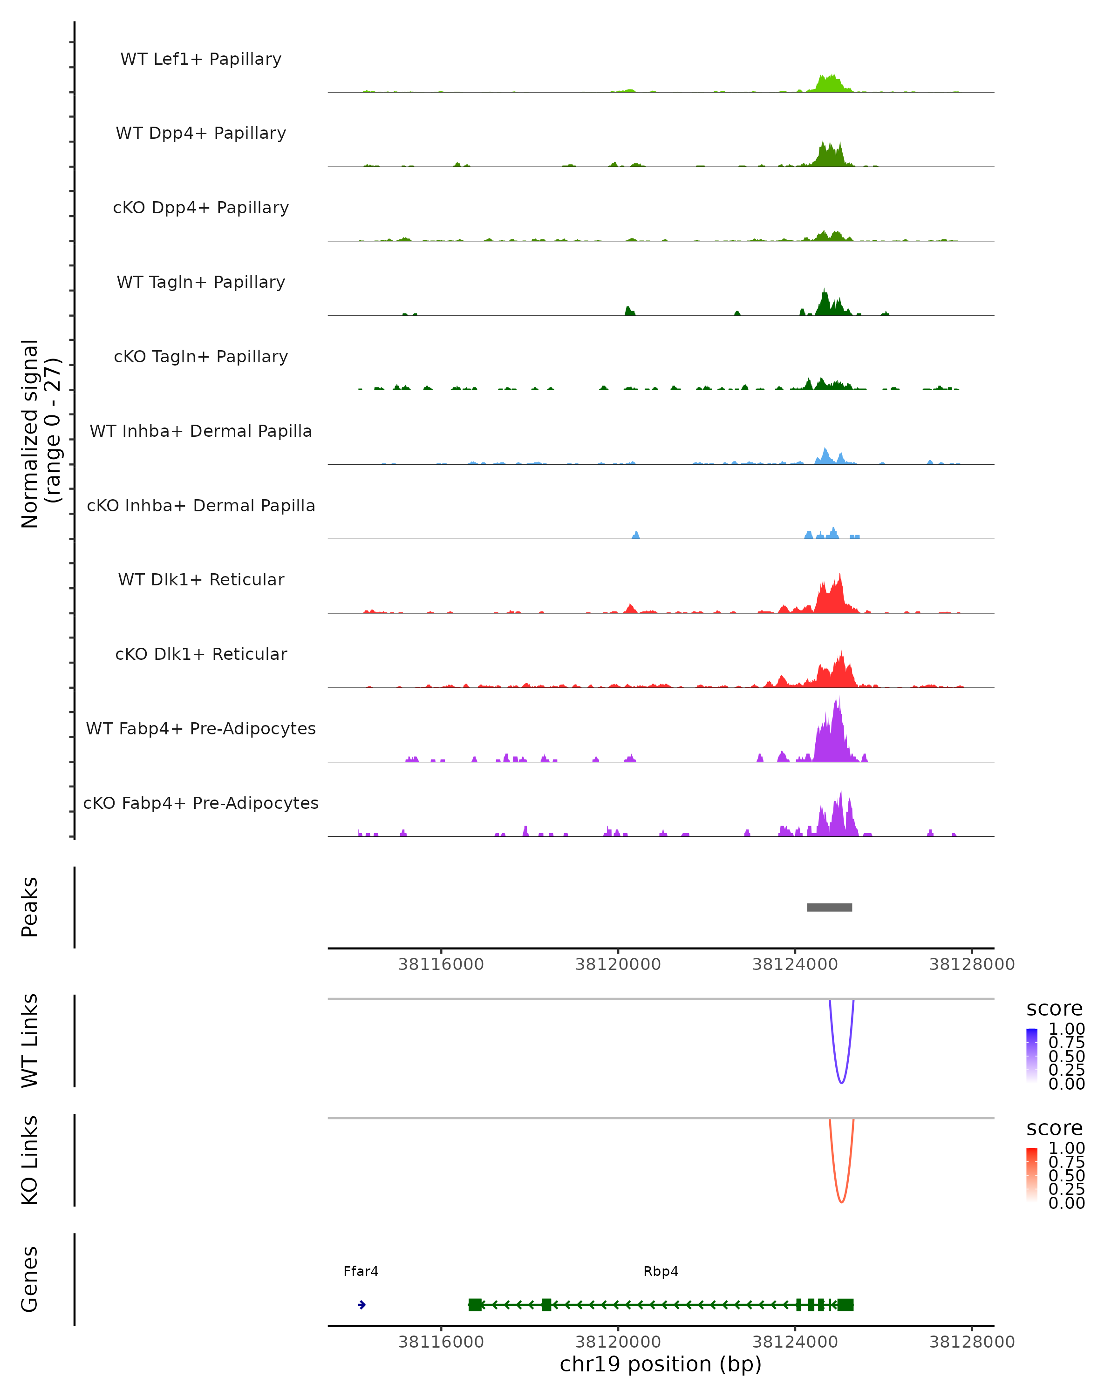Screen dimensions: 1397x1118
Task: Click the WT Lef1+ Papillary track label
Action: [x=201, y=59]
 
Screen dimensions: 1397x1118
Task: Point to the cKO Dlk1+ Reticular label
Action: [x=201, y=654]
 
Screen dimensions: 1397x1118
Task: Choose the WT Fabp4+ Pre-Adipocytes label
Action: [x=201, y=728]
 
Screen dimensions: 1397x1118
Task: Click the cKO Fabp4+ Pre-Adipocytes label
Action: [x=201, y=803]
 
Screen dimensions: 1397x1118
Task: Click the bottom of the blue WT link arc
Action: [x=841, y=1083]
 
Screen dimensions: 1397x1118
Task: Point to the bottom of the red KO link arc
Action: [x=841, y=1202]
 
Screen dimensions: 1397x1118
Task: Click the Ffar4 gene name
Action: [x=361, y=1271]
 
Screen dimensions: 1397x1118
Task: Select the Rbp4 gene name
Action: [x=661, y=1271]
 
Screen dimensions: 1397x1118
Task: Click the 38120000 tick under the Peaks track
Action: [x=618, y=965]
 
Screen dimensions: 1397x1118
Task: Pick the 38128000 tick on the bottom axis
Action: [x=972, y=1342]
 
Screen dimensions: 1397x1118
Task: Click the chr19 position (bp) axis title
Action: [x=661, y=1364]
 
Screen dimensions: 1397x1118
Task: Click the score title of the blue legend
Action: [x=1055, y=1009]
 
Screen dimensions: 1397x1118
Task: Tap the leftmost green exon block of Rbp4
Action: [x=475, y=1304]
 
